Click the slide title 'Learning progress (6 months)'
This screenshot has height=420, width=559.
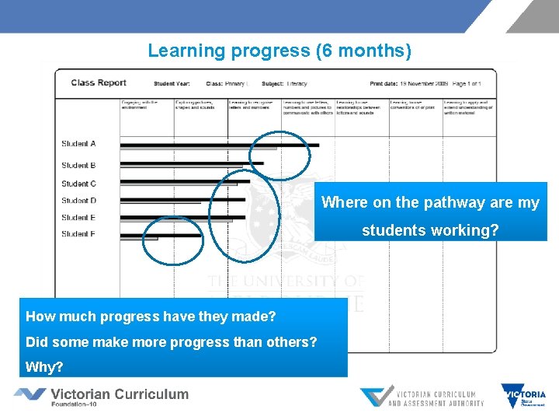[x=279, y=51]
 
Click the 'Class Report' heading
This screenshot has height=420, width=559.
[x=99, y=83]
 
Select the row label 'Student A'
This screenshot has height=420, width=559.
[x=78, y=144]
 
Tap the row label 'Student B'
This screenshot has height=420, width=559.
[x=78, y=165]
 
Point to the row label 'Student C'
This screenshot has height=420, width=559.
[x=78, y=184]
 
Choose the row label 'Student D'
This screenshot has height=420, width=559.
[x=78, y=201]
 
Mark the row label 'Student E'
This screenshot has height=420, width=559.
[x=78, y=218]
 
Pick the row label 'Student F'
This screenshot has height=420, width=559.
[x=78, y=234]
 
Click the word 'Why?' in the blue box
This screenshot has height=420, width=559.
[x=44, y=366]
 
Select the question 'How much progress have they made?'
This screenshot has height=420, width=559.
[x=151, y=317]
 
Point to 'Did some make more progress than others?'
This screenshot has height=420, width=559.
[x=171, y=341]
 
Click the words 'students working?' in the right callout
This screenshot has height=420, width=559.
[x=430, y=231]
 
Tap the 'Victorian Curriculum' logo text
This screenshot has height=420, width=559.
[x=120, y=394]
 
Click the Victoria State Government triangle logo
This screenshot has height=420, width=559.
[x=523, y=395]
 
